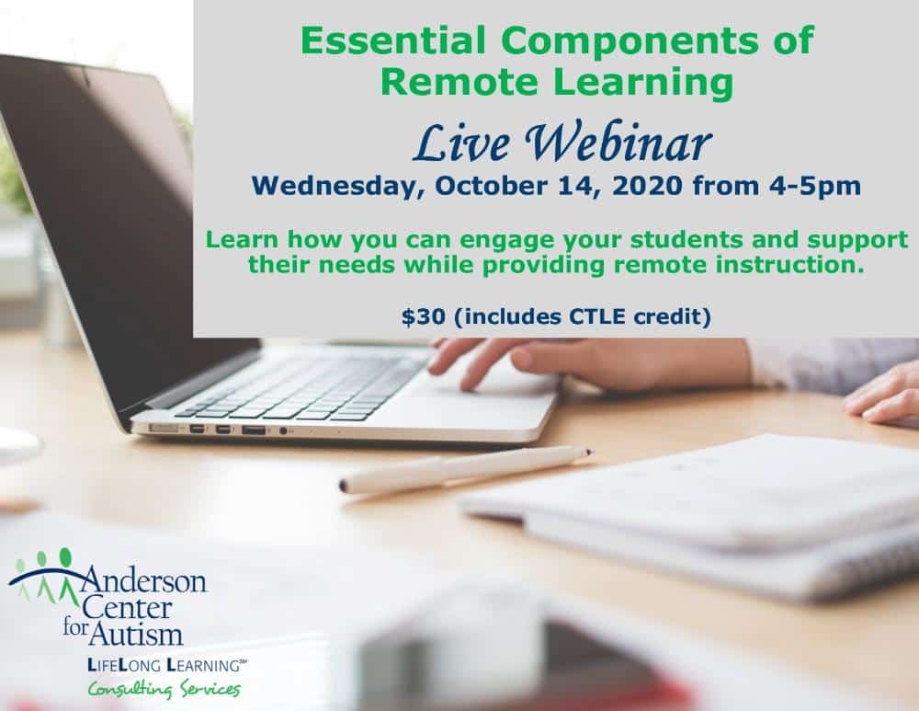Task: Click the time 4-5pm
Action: coord(814,187)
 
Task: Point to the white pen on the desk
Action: coord(466,469)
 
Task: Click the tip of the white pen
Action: coord(592,452)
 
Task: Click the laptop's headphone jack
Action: coord(284,431)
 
